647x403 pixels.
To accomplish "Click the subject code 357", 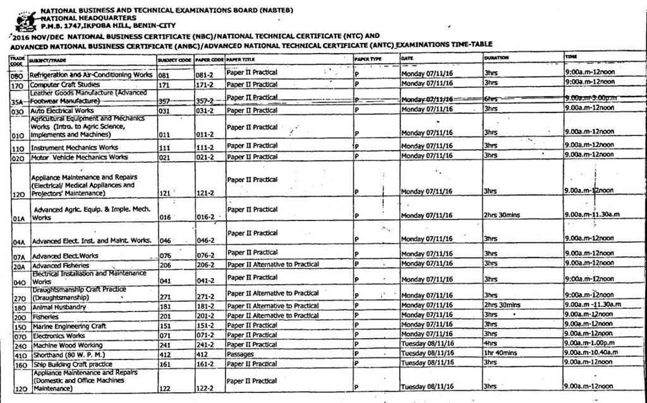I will (164, 100).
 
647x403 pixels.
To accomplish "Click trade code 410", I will (18, 354).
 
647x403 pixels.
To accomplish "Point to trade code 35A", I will (17, 101).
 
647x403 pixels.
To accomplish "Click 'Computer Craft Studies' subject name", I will (64, 84).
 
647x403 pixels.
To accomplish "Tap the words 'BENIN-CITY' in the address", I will (143, 26).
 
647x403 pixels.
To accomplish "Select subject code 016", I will (165, 216).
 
